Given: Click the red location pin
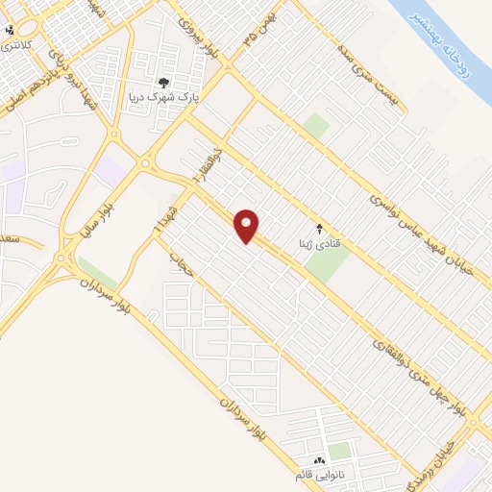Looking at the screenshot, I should tap(248, 226).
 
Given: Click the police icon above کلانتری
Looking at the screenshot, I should tap(11, 29).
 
